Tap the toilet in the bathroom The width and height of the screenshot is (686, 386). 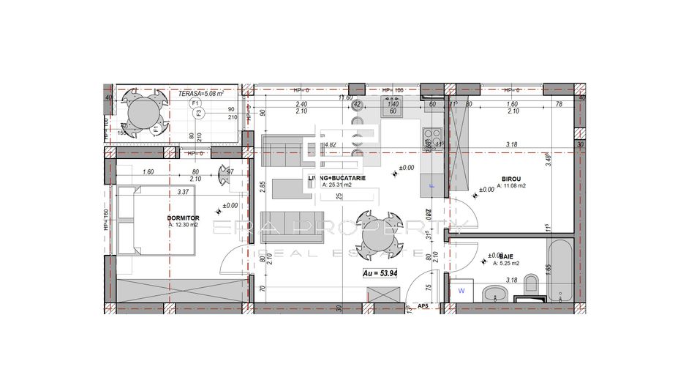[x=532, y=288]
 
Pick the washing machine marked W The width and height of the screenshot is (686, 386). [x=461, y=291]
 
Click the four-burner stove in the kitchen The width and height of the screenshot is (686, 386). [x=431, y=138]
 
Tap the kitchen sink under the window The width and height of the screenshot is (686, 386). [x=393, y=109]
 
